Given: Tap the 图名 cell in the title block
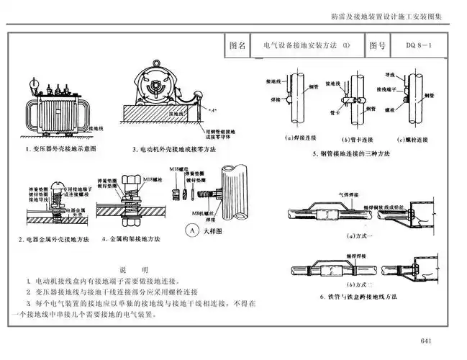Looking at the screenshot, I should point(237,45).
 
